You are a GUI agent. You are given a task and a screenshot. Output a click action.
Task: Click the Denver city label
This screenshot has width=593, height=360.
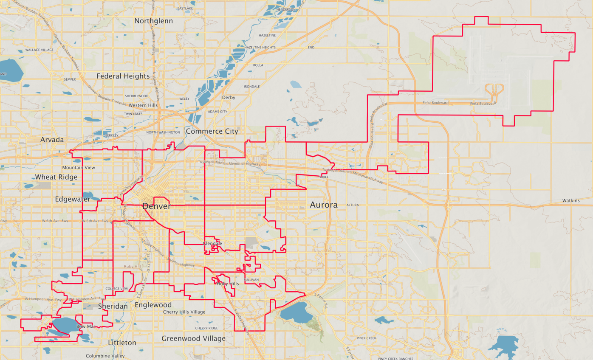[156, 206]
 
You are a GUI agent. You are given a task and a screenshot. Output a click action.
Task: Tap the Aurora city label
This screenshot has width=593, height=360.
[324, 205]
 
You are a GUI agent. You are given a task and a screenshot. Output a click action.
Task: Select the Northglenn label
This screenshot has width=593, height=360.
[153, 20]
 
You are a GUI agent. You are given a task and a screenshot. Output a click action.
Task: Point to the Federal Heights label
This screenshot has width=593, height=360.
[123, 76]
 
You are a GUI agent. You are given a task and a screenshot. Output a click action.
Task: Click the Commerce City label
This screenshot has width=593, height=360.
[212, 131]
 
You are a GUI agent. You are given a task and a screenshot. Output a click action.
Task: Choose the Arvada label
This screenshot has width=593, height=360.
[52, 140]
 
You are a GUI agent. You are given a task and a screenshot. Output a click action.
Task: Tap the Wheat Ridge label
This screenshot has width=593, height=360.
[56, 177]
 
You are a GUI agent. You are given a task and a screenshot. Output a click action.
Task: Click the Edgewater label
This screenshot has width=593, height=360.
[72, 199]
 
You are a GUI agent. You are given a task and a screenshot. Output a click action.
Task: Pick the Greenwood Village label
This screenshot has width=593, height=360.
[193, 338]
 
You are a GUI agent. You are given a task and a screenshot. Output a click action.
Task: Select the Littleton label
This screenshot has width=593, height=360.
[122, 343]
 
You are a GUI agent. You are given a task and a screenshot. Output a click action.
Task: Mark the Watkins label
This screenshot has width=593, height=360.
[570, 200]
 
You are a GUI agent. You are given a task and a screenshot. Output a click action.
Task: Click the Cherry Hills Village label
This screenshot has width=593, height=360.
[184, 312]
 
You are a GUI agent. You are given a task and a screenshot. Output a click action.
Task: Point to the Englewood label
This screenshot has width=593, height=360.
[153, 305]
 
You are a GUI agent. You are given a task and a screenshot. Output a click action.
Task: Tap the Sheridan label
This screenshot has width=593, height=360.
[113, 306]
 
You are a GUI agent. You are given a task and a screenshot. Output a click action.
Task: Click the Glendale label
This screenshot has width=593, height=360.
[212, 243]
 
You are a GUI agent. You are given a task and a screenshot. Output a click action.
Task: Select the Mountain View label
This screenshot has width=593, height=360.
[79, 168]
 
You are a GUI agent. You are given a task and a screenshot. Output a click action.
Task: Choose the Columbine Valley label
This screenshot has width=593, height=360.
[105, 356]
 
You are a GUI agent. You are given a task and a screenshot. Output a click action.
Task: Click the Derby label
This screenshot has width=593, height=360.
[229, 97]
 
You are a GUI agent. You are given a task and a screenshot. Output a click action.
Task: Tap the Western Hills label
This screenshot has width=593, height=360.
[143, 105]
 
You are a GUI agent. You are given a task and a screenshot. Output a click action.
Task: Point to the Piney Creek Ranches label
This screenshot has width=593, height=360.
[395, 358]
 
